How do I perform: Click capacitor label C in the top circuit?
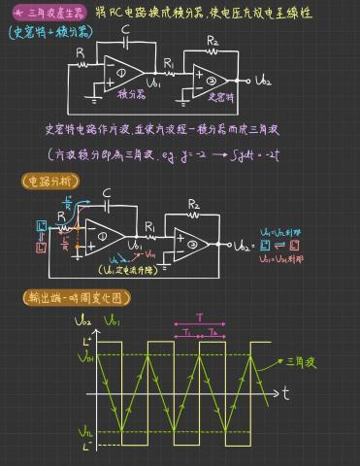[x=125, y=30]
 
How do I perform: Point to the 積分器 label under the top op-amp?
[x=131, y=95]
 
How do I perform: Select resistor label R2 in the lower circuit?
[x=193, y=205]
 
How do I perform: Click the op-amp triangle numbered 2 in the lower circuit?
[x=189, y=246]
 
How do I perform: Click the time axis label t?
[x=288, y=393]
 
